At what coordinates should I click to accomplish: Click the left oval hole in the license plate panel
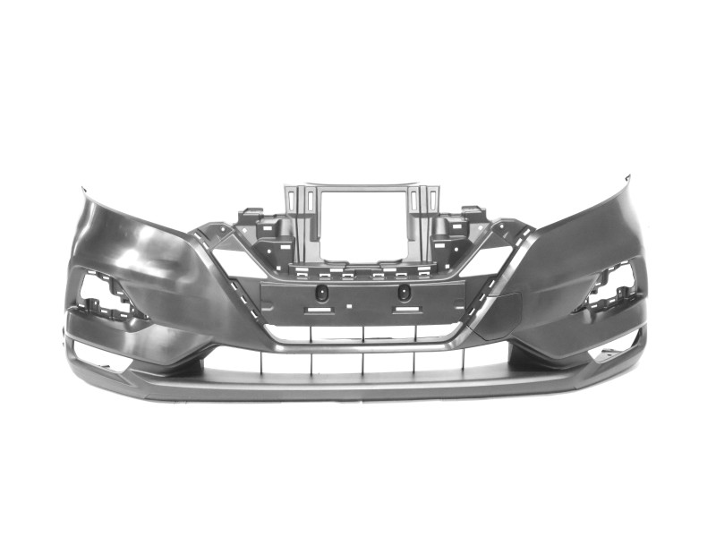coord(324,293)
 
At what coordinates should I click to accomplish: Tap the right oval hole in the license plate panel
coord(404,293)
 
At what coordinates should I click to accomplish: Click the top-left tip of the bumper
coord(83,189)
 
